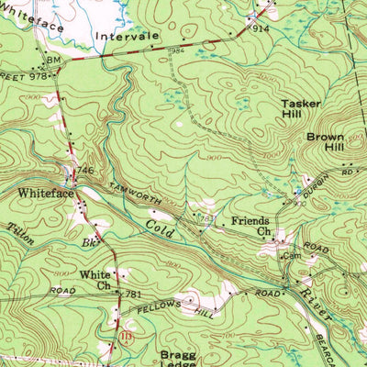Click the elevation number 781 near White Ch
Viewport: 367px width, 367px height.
click(x=133, y=294)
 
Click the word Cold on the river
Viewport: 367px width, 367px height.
click(x=157, y=222)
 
